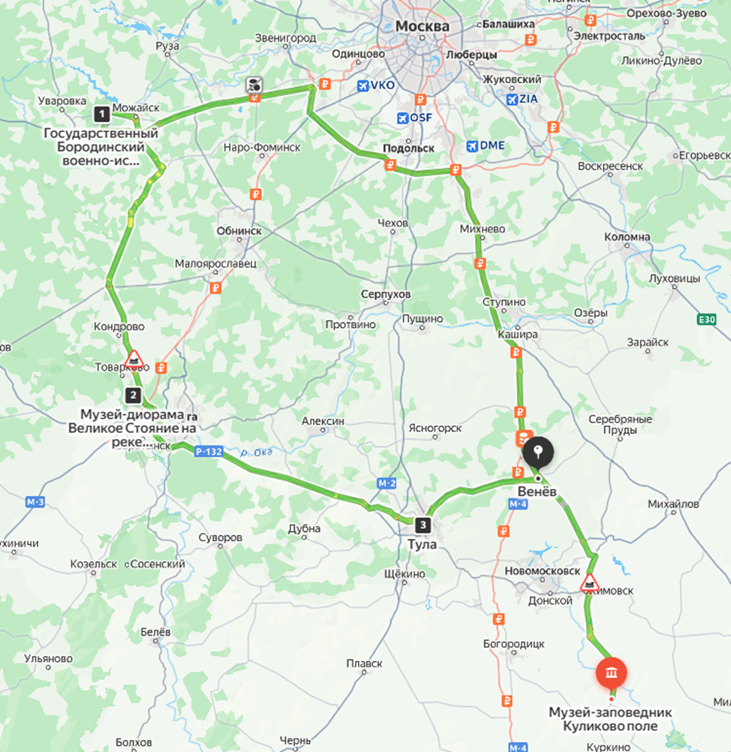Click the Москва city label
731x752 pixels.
pyautogui.click(x=422, y=26)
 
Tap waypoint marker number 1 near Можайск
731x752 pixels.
pyautogui.click(x=101, y=114)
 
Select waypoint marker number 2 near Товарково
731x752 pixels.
pyautogui.click(x=133, y=395)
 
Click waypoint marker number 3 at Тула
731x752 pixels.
pyautogui.click(x=424, y=525)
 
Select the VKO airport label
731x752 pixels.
pyautogui.click(x=376, y=86)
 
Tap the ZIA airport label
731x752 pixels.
pyautogui.click(x=523, y=98)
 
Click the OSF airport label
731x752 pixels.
pyautogui.click(x=413, y=119)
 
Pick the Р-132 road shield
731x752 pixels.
pyautogui.click(x=207, y=451)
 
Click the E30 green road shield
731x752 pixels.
pyautogui.click(x=706, y=320)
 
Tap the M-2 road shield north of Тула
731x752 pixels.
pyautogui.click(x=387, y=484)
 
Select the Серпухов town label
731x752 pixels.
pyautogui.click(x=385, y=294)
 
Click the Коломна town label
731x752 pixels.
pyautogui.click(x=627, y=236)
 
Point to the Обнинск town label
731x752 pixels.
pyautogui.click(x=239, y=231)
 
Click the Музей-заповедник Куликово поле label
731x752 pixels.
pyautogui.click(x=610, y=719)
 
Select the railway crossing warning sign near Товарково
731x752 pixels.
pyautogui.click(x=134, y=359)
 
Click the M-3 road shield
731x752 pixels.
pyautogui.click(x=35, y=501)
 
